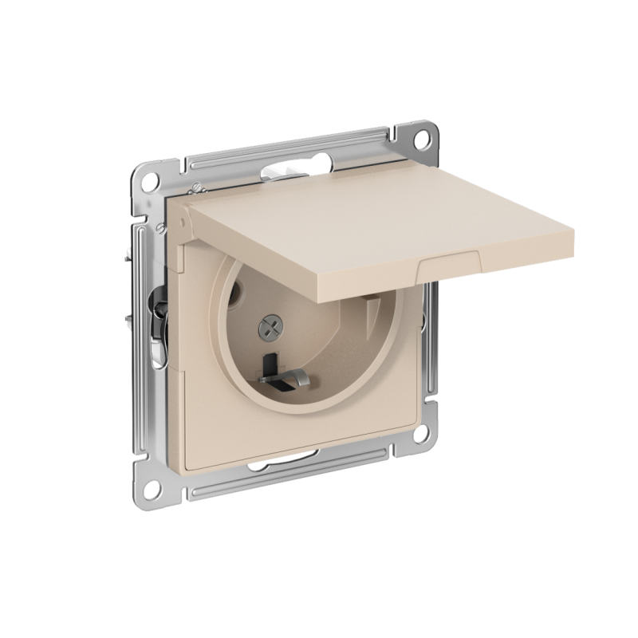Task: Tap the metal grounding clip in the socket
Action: click(293, 377)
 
